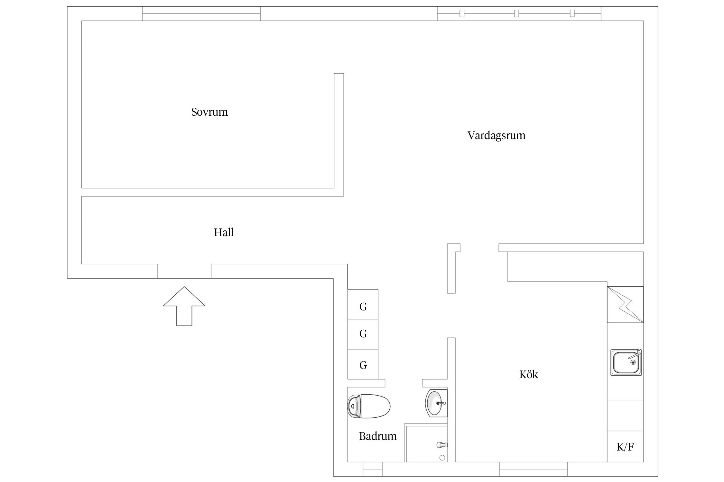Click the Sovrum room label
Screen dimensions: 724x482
pyautogui.click(x=209, y=112)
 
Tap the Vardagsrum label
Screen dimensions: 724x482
pyautogui.click(x=496, y=136)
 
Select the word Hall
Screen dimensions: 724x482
pyautogui.click(x=224, y=232)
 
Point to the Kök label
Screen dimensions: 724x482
pyautogui.click(x=529, y=374)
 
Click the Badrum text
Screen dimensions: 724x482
pyautogui.click(x=378, y=436)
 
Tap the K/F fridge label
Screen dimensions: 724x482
pyautogui.click(x=625, y=447)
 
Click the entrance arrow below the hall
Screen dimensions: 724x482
pyautogui.click(x=184, y=306)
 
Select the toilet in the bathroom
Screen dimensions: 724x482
pyautogui.click(x=369, y=406)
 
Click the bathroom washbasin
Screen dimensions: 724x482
pyautogui.click(x=436, y=403)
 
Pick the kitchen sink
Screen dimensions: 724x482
pyautogui.click(x=626, y=362)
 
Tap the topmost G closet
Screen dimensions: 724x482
pyautogui.click(x=363, y=304)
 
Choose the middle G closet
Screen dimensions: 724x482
pyautogui.click(x=363, y=334)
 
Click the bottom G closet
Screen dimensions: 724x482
pyautogui.click(x=363, y=364)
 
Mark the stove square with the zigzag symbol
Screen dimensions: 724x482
pyautogui.click(x=625, y=304)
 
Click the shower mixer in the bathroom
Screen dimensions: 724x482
pyautogui.click(x=442, y=445)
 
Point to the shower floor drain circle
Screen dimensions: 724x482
pyautogui.click(x=442, y=458)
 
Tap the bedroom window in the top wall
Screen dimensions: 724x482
pyautogui.click(x=201, y=13)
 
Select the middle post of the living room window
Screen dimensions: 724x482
pyautogui.click(x=516, y=13)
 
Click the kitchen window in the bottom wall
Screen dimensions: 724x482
pyautogui.click(x=534, y=469)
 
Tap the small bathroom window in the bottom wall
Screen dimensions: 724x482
pyautogui.click(x=373, y=469)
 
